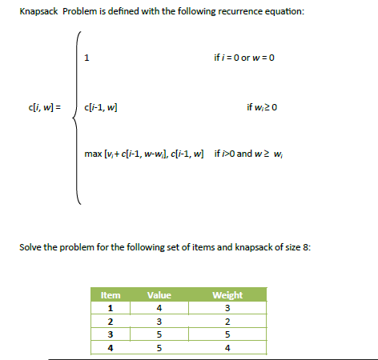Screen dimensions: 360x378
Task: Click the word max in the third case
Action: coord(93,153)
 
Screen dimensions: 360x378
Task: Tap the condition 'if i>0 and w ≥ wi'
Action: coord(255,153)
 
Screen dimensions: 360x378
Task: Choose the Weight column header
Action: coord(227,296)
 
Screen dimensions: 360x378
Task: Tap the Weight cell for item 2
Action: coord(227,322)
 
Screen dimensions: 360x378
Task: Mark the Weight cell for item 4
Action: coord(227,349)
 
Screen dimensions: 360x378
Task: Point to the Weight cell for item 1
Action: coord(227,309)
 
